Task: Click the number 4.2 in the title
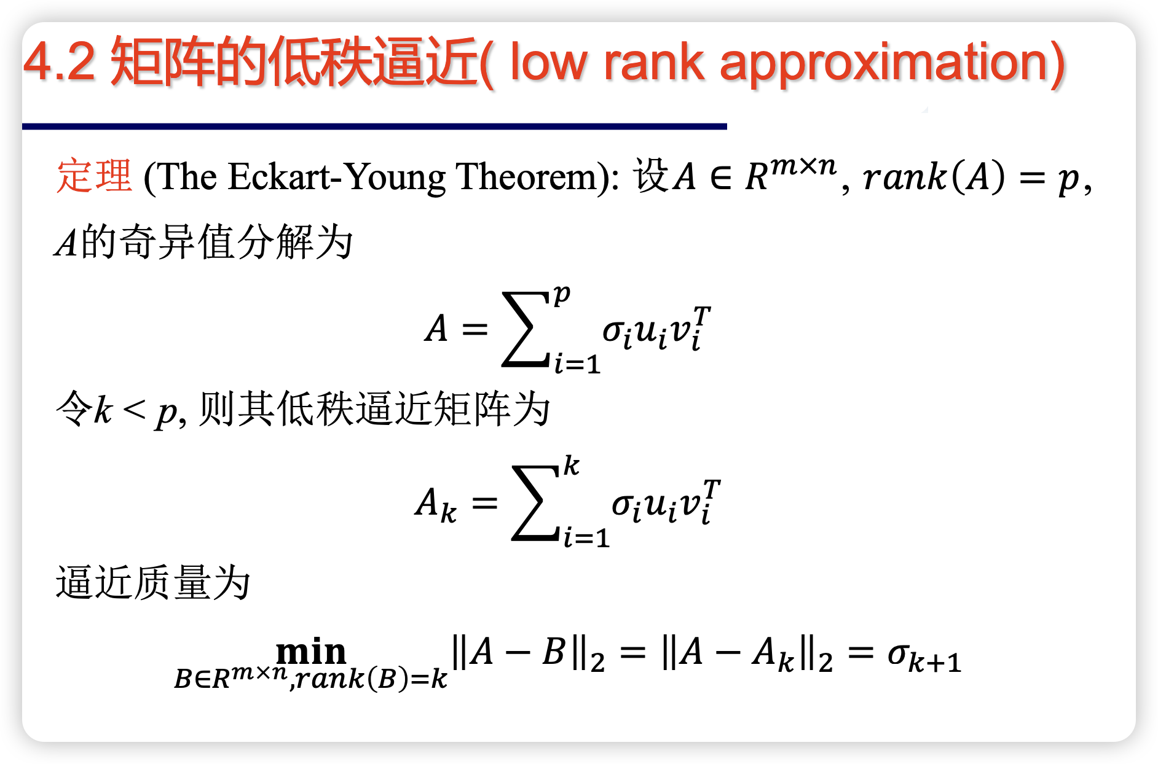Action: tap(60, 62)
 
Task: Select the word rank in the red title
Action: tap(654, 62)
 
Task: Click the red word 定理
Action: tap(94, 176)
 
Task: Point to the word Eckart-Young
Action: tap(337, 178)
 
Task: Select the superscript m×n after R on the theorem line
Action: tap(803, 165)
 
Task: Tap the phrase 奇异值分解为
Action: tap(236, 241)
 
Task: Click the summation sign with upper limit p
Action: tap(526, 329)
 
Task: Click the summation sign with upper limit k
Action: tap(535, 503)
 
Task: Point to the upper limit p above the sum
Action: tap(562, 295)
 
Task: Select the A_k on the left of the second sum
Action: tap(436, 504)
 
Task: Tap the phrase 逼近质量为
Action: tap(153, 582)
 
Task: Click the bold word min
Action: tap(311, 652)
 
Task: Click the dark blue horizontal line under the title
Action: tap(374, 127)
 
